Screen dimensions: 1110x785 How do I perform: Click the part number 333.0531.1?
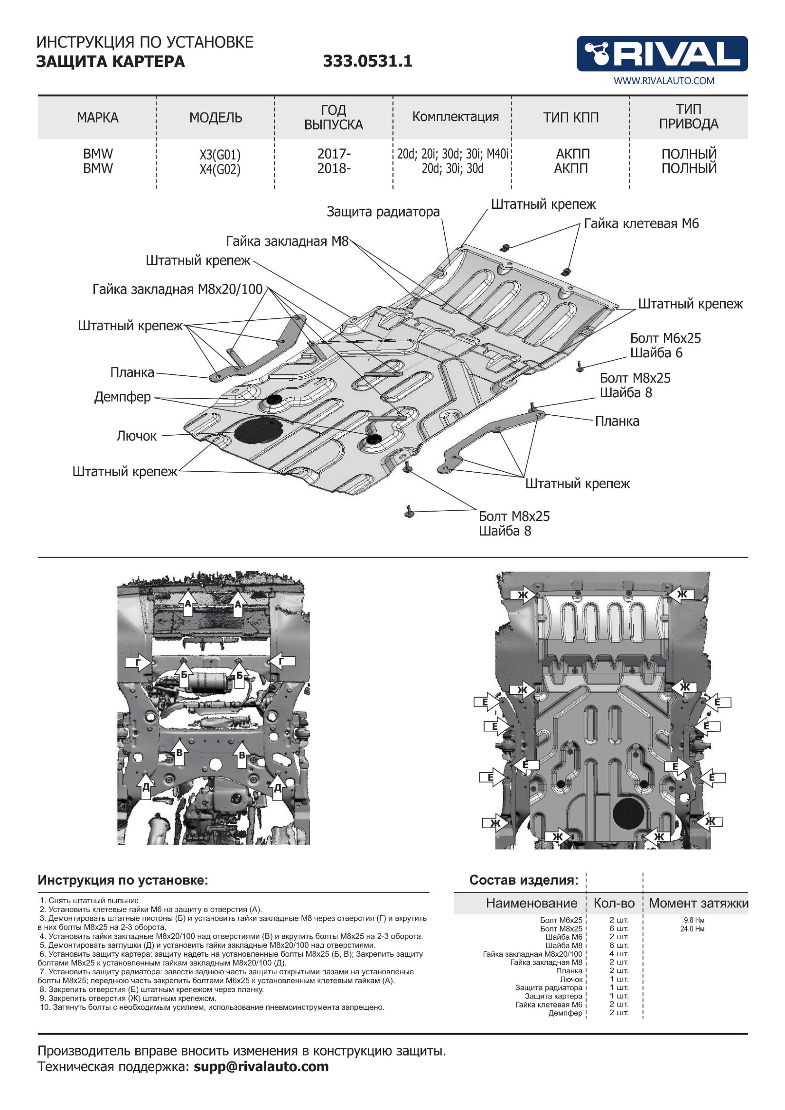pos(367,61)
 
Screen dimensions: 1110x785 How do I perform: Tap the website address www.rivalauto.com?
pos(664,81)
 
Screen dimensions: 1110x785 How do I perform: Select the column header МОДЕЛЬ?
pos(215,118)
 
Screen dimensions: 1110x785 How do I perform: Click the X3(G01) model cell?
pos(220,155)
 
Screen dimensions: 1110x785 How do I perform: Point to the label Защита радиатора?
pos(383,212)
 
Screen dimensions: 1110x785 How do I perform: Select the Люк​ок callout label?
pos(136,436)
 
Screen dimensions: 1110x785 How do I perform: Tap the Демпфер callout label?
pos(122,397)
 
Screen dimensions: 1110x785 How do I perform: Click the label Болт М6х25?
pos(665,338)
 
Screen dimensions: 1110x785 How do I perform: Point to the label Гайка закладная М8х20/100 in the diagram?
pos(178,289)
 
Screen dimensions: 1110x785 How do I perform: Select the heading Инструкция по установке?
pos(123,880)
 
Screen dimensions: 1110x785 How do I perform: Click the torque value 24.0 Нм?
pos(692,929)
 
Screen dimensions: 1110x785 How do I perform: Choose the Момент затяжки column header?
pos(698,903)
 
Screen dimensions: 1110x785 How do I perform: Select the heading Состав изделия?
pos(523,880)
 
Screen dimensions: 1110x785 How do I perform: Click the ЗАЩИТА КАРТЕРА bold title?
pos(111,61)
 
